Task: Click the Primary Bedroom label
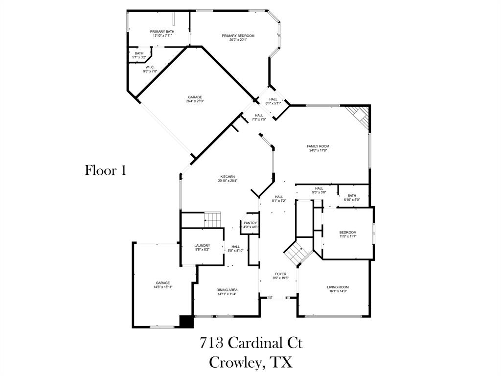tap(238, 38)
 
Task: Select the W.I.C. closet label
tap(150, 70)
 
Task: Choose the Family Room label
tap(318, 148)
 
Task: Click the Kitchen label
tap(228, 179)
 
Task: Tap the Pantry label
tap(250, 225)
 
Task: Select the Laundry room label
tap(202, 248)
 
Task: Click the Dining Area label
tap(227, 292)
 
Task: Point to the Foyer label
tap(280, 276)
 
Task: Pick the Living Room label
tap(338, 289)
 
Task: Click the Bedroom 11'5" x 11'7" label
tap(348, 235)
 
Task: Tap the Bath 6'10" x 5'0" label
tap(352, 197)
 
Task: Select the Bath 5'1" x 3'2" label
tap(139, 55)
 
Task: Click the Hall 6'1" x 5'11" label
tap(273, 101)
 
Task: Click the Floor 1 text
tap(106, 170)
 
